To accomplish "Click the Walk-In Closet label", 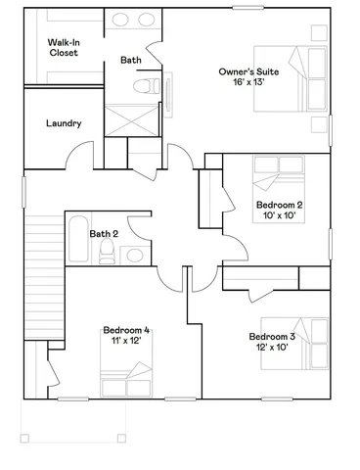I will pyautogui.click(x=64, y=47).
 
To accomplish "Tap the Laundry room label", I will pyautogui.click(x=64, y=123).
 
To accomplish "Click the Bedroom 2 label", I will pyautogui.click(x=279, y=205).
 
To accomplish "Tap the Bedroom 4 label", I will pyautogui.click(x=126, y=331).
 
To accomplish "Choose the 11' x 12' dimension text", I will pyautogui.click(x=126, y=343).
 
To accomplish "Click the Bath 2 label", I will pyautogui.click(x=104, y=234).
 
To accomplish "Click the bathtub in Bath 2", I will pyautogui.click(x=77, y=240).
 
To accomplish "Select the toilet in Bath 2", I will pyautogui.click(x=107, y=256).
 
